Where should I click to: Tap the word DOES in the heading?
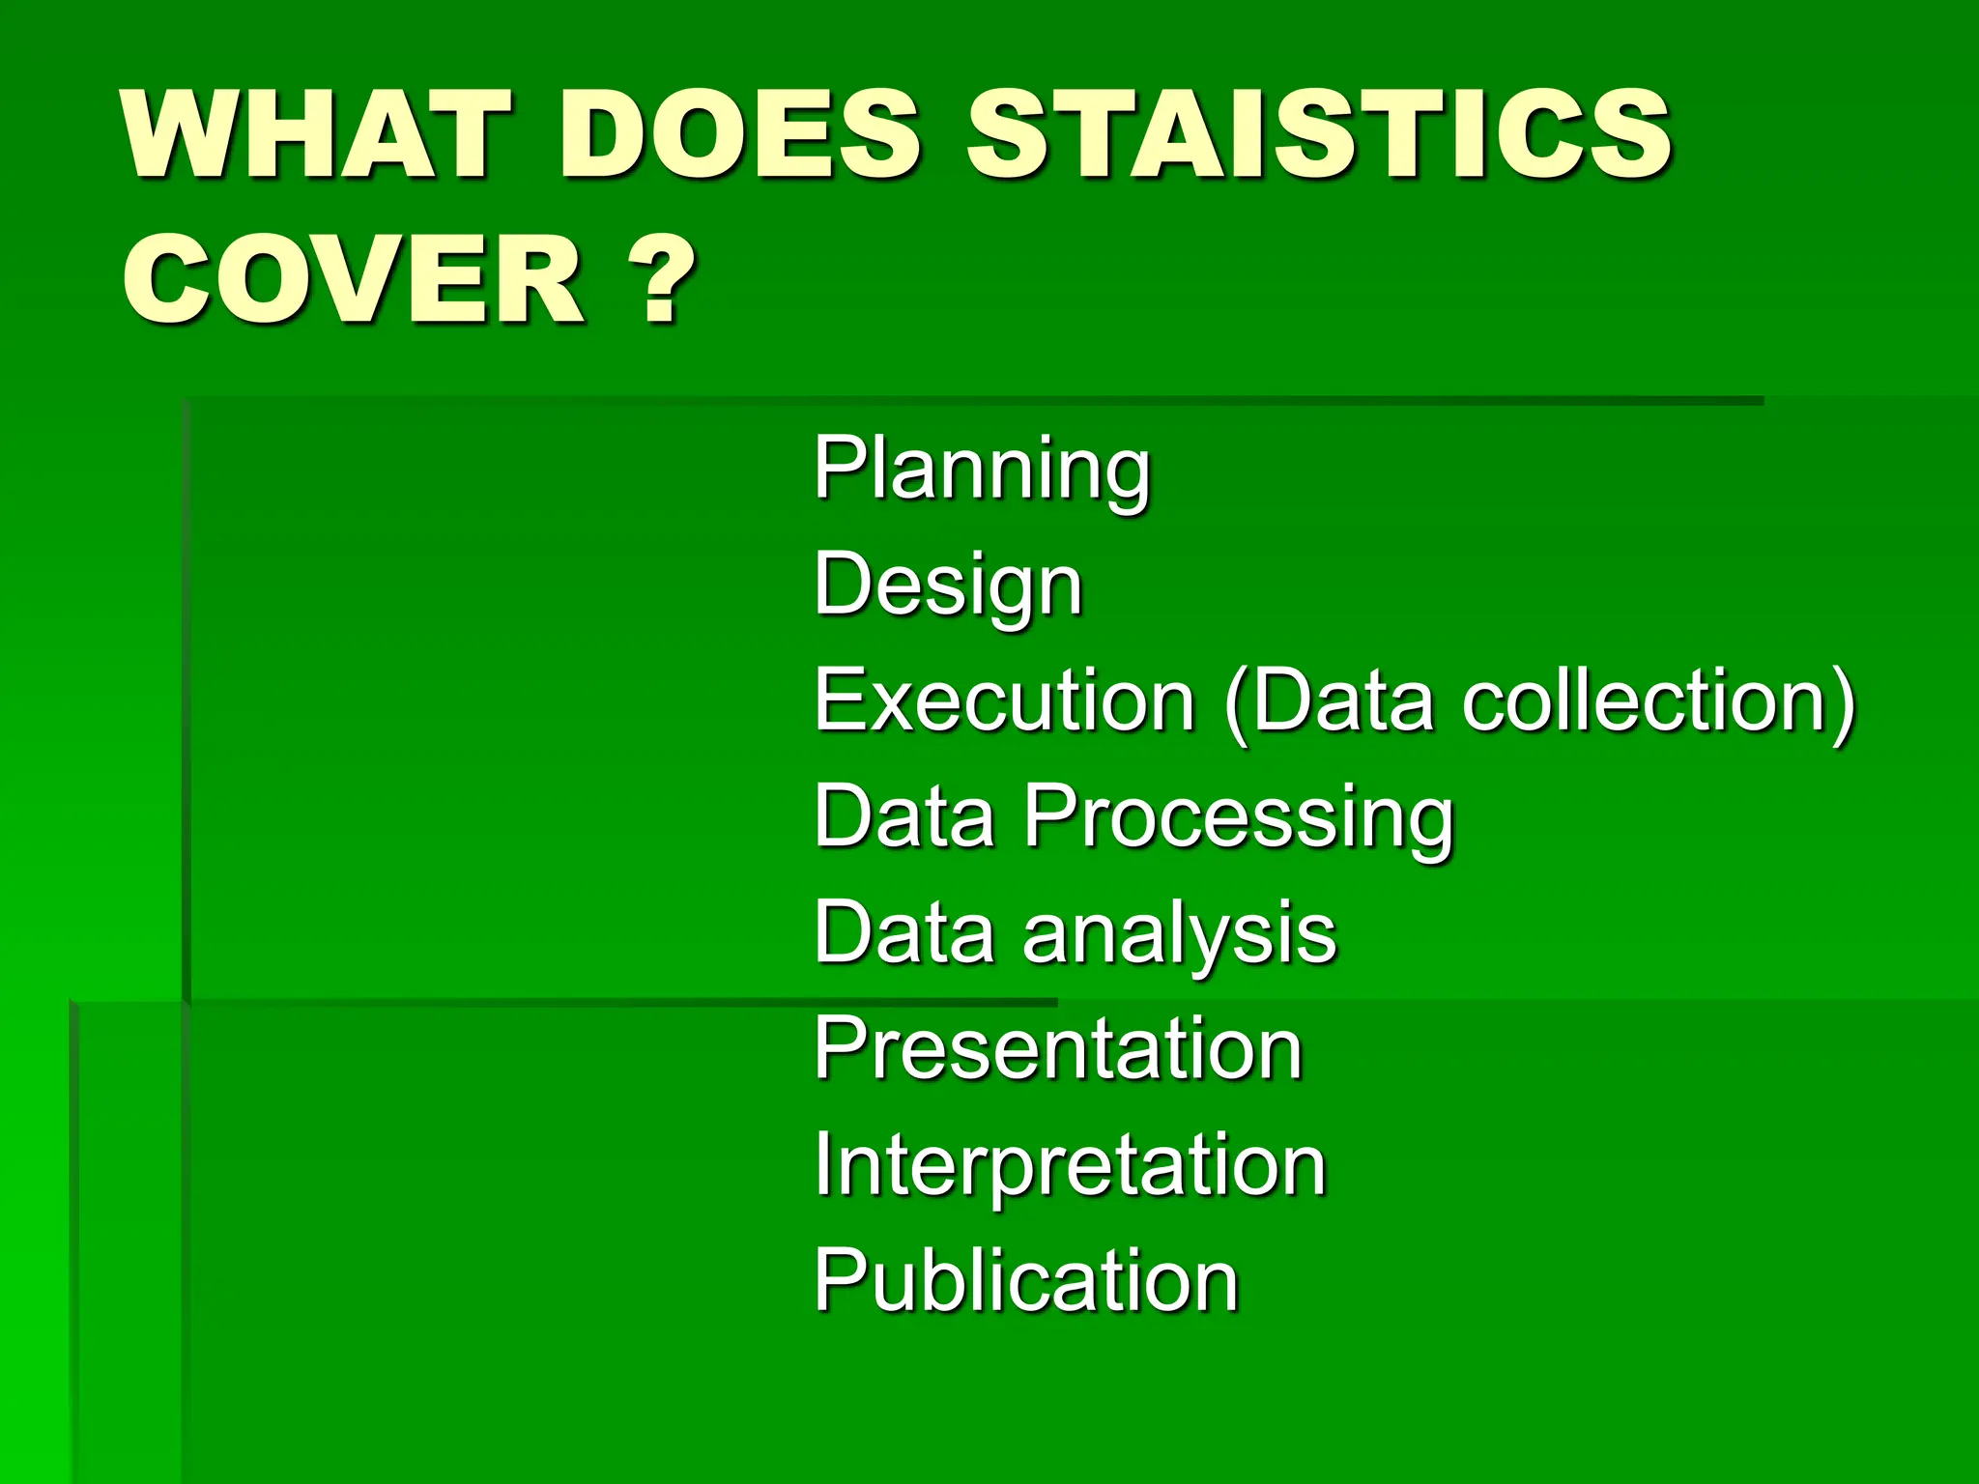tap(739, 135)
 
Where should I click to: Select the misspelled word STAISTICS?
tap(1318, 135)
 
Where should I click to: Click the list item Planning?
tap(982, 470)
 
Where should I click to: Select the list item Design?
tap(948, 585)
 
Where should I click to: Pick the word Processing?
tap(1238, 817)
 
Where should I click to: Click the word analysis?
tap(1179, 933)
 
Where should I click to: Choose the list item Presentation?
tap(1058, 1049)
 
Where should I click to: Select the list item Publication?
tap(1025, 1281)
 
